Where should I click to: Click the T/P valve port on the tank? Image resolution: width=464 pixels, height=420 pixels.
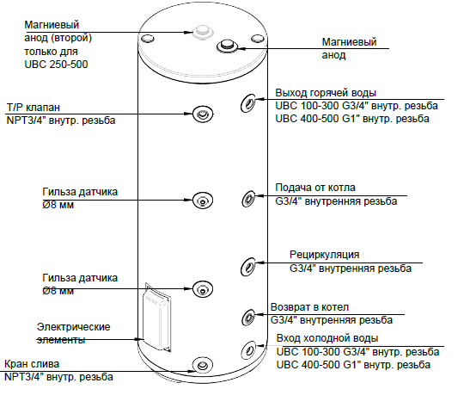click(203, 114)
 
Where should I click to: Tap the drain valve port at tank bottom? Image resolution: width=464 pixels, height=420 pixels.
click(203, 365)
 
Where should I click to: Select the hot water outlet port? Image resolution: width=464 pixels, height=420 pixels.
click(248, 103)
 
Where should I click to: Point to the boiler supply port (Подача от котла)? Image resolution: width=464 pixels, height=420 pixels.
click(248, 199)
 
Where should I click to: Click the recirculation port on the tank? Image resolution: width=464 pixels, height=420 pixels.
click(248, 267)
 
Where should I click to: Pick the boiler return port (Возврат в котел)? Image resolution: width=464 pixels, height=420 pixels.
click(248, 318)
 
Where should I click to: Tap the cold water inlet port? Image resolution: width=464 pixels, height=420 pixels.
click(248, 350)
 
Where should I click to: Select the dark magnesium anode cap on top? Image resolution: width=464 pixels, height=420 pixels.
click(227, 46)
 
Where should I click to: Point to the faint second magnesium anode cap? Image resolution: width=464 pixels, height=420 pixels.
click(203, 32)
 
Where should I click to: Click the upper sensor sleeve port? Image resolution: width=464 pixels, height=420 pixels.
click(203, 201)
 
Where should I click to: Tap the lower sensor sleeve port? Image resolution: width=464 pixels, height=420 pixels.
click(203, 289)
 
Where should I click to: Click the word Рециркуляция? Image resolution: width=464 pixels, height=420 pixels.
click(324, 255)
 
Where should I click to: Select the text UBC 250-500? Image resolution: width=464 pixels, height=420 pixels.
click(56, 65)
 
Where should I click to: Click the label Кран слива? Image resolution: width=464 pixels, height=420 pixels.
click(32, 364)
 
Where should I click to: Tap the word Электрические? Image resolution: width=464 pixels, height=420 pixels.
click(73, 327)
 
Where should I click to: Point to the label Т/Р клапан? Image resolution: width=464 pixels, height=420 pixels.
click(34, 108)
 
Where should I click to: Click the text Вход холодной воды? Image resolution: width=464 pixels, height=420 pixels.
click(327, 338)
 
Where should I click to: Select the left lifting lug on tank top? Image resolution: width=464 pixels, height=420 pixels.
click(147, 39)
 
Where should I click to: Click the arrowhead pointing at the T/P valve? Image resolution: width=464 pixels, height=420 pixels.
click(188, 114)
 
